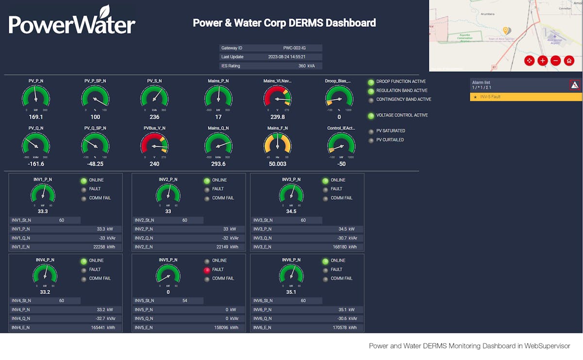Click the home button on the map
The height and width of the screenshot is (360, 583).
[x=569, y=61]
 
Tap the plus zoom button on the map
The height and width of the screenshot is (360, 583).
[x=543, y=61]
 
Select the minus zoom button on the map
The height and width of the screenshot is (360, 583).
[x=556, y=61]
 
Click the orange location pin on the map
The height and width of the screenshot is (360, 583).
[x=505, y=31]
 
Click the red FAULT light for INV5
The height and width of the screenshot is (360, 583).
[x=207, y=270]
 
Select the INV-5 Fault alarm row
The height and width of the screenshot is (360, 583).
[x=526, y=97]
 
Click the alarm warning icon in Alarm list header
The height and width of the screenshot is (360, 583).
[x=575, y=86]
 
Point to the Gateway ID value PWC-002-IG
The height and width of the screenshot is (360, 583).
[x=294, y=48]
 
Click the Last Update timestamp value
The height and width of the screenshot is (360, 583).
[x=287, y=57]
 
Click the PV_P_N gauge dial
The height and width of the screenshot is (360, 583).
[x=35, y=97]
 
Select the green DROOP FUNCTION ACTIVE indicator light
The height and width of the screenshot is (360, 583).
[x=371, y=82]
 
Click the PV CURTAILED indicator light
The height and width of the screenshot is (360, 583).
[x=371, y=140]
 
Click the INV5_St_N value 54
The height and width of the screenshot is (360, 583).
[x=185, y=301]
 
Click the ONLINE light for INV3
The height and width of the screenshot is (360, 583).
[x=326, y=181]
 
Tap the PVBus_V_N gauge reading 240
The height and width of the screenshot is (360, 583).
[x=154, y=164]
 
